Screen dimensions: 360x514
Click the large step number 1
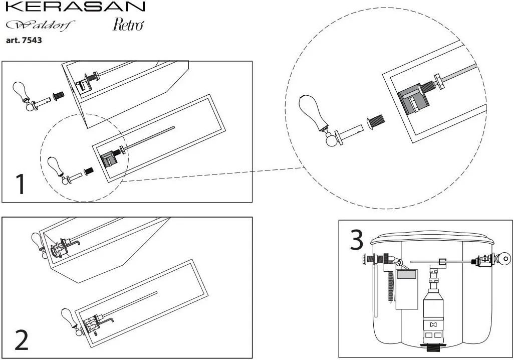[x=21, y=184]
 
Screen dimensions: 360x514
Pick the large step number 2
[x=22, y=340]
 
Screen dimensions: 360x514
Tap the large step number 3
[x=356, y=240]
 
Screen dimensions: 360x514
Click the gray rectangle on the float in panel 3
[x=406, y=274]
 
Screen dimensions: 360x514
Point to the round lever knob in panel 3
[x=504, y=259]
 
